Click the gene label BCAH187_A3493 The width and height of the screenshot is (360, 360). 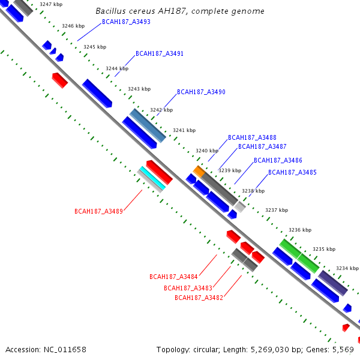tap(126, 22)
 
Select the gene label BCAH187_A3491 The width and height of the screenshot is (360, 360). tap(159, 53)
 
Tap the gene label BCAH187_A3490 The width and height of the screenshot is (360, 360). tap(201, 92)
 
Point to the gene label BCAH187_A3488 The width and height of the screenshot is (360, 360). tap(252, 137)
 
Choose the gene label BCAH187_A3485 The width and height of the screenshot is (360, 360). tap(292, 172)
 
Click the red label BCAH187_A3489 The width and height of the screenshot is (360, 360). tap(98, 211)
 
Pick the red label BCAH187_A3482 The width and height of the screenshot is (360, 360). tap(199, 297)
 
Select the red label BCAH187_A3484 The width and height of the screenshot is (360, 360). tap(173, 277)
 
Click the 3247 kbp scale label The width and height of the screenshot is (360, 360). tap(50, 4)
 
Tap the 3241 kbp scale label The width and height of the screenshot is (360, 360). tap(184, 130)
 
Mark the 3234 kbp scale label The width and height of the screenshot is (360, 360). tap(347, 268)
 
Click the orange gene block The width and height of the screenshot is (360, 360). tap(199, 171)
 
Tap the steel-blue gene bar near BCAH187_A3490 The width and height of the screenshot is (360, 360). tap(148, 125)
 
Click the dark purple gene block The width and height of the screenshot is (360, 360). tap(332, 283)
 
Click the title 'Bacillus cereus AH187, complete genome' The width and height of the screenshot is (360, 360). tap(180, 11)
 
